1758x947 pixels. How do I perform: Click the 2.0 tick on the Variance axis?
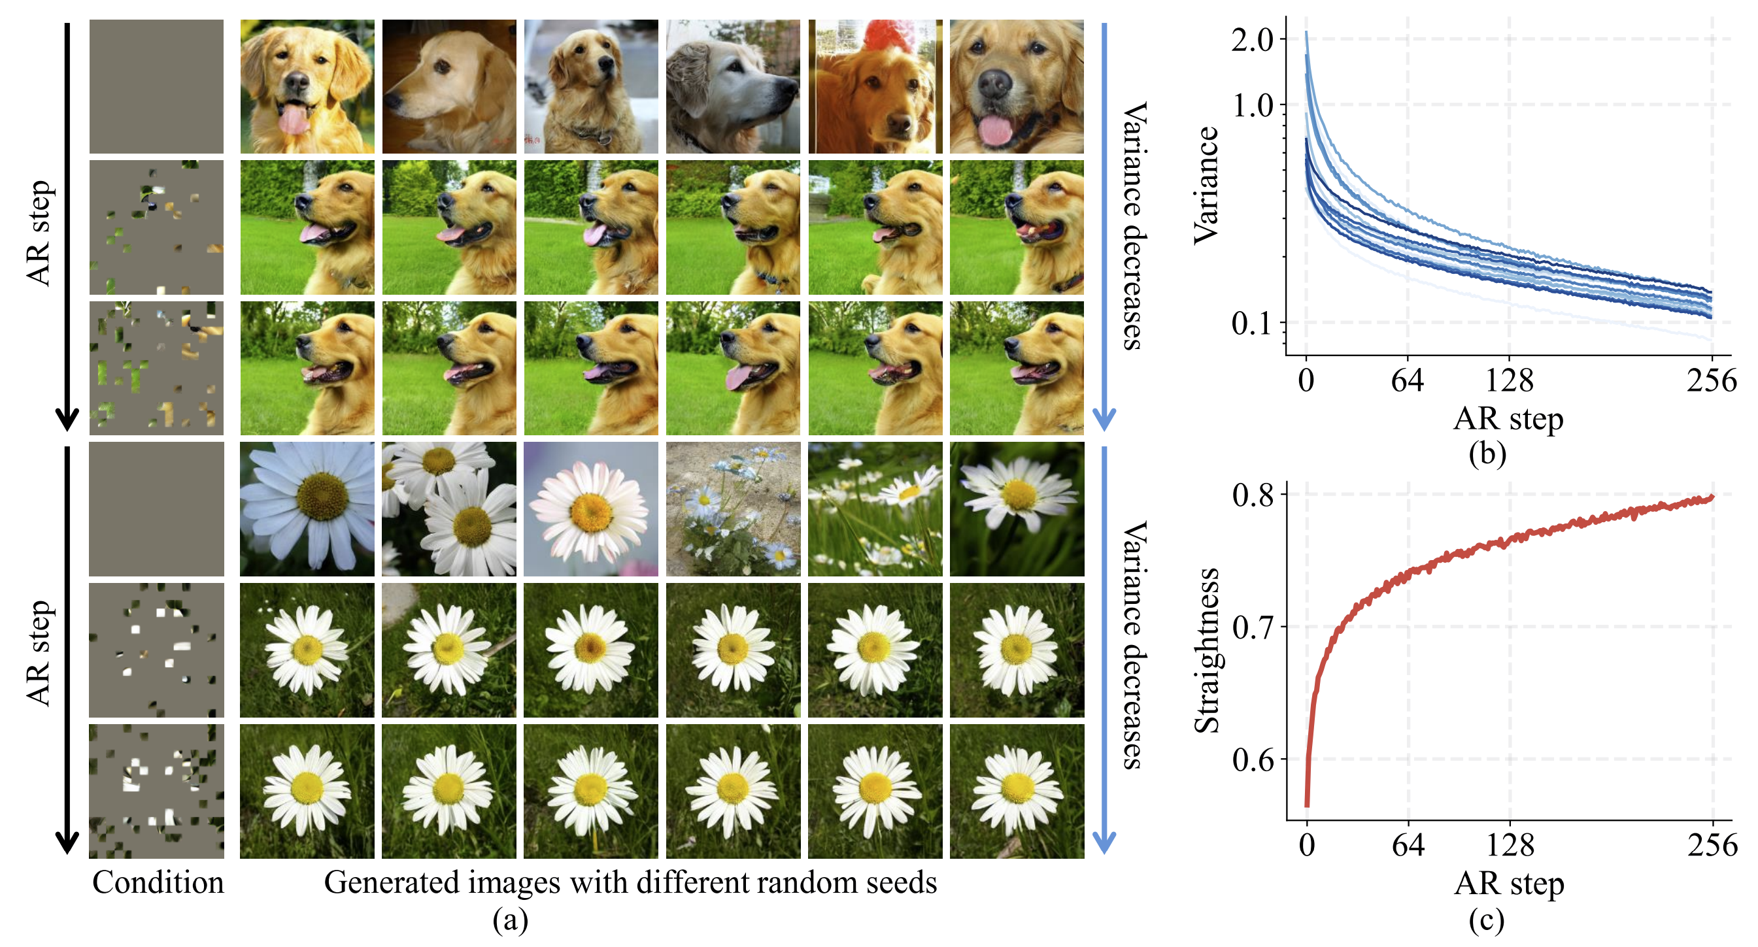click(x=1252, y=41)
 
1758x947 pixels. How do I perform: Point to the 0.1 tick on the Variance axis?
click(x=1252, y=324)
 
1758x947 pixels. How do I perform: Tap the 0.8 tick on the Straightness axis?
click(x=1253, y=495)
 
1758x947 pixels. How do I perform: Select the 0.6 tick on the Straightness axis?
click(x=1253, y=759)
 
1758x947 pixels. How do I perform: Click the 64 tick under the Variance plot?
click(x=1407, y=380)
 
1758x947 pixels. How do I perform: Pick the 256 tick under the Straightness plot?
click(x=1712, y=845)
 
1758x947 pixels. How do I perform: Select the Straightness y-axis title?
click(x=1207, y=650)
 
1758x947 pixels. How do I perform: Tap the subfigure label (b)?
click(x=1487, y=454)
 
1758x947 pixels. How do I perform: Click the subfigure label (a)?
click(x=511, y=920)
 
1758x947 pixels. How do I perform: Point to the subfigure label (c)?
click(x=1487, y=920)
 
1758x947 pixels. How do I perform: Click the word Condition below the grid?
click(x=158, y=882)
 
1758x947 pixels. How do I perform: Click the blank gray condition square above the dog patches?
click(x=156, y=87)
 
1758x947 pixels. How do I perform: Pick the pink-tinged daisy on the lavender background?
click(x=590, y=508)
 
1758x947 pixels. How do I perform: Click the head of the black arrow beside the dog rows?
click(x=67, y=420)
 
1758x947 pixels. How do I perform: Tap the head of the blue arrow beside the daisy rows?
click(x=1104, y=843)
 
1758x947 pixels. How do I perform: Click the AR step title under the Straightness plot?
click(x=1509, y=884)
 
